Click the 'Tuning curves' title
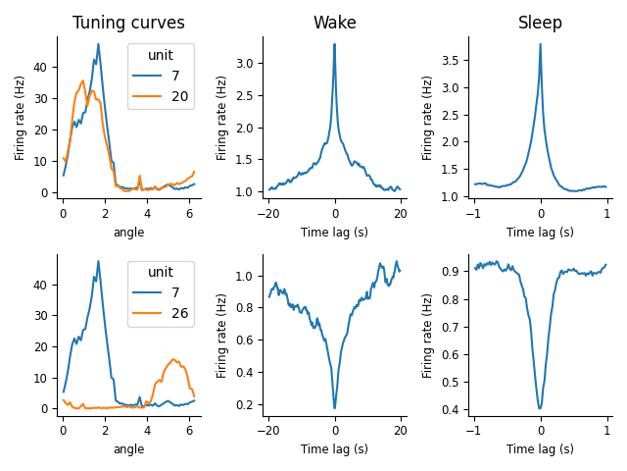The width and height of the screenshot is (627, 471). tap(128, 23)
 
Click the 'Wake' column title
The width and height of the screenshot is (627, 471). tap(334, 23)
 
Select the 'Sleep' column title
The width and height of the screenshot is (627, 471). tap(540, 23)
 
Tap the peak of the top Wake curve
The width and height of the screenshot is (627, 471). tap(334, 44)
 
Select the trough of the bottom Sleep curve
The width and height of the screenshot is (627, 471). tap(540, 408)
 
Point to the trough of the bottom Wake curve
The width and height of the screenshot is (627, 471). tap(334, 408)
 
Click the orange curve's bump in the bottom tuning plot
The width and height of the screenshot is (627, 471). tap(173, 359)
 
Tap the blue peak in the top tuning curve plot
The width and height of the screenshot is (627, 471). tap(98, 44)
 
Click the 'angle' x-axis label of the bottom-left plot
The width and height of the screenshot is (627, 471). tap(128, 449)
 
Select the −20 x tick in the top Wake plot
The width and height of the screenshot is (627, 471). tap(268, 215)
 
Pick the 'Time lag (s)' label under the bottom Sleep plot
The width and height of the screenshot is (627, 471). tap(540, 449)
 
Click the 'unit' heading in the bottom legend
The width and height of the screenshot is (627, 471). tap(160, 272)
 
